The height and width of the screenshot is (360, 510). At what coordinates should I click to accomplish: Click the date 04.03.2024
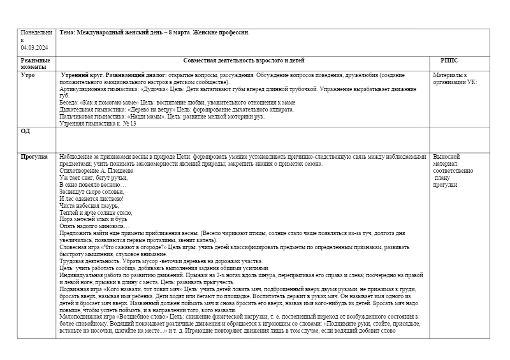(34, 48)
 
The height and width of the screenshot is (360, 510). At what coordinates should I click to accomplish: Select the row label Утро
(27, 75)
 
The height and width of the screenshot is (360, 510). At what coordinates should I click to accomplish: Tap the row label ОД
(25, 131)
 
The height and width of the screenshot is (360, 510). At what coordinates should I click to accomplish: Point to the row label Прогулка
(34, 156)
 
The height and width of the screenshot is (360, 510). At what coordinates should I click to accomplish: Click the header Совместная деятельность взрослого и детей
(244, 61)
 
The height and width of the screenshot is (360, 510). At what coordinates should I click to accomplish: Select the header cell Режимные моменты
(35, 64)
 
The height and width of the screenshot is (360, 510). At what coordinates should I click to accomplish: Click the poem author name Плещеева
(118, 171)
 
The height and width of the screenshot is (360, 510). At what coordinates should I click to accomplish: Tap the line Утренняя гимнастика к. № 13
(98, 124)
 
